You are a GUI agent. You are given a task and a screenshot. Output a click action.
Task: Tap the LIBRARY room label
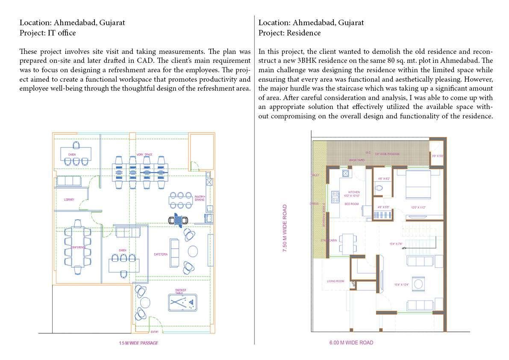70,200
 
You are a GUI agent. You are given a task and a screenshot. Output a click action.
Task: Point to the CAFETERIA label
161,254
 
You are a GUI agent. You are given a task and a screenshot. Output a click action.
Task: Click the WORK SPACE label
144,154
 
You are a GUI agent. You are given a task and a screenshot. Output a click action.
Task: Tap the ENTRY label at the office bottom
154,332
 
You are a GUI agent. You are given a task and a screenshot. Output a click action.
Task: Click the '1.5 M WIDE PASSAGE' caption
138,343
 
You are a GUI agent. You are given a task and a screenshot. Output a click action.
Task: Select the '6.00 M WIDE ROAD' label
351,342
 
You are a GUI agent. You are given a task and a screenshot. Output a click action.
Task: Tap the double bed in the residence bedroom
410,184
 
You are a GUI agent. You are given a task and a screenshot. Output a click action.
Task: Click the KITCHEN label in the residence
354,192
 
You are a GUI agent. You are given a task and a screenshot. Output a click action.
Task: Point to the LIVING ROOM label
335,281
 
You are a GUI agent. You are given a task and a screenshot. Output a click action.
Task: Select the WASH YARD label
356,160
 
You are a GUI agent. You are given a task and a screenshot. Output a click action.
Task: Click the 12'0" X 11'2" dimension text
418,207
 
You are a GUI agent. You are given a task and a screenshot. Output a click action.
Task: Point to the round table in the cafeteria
193,250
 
